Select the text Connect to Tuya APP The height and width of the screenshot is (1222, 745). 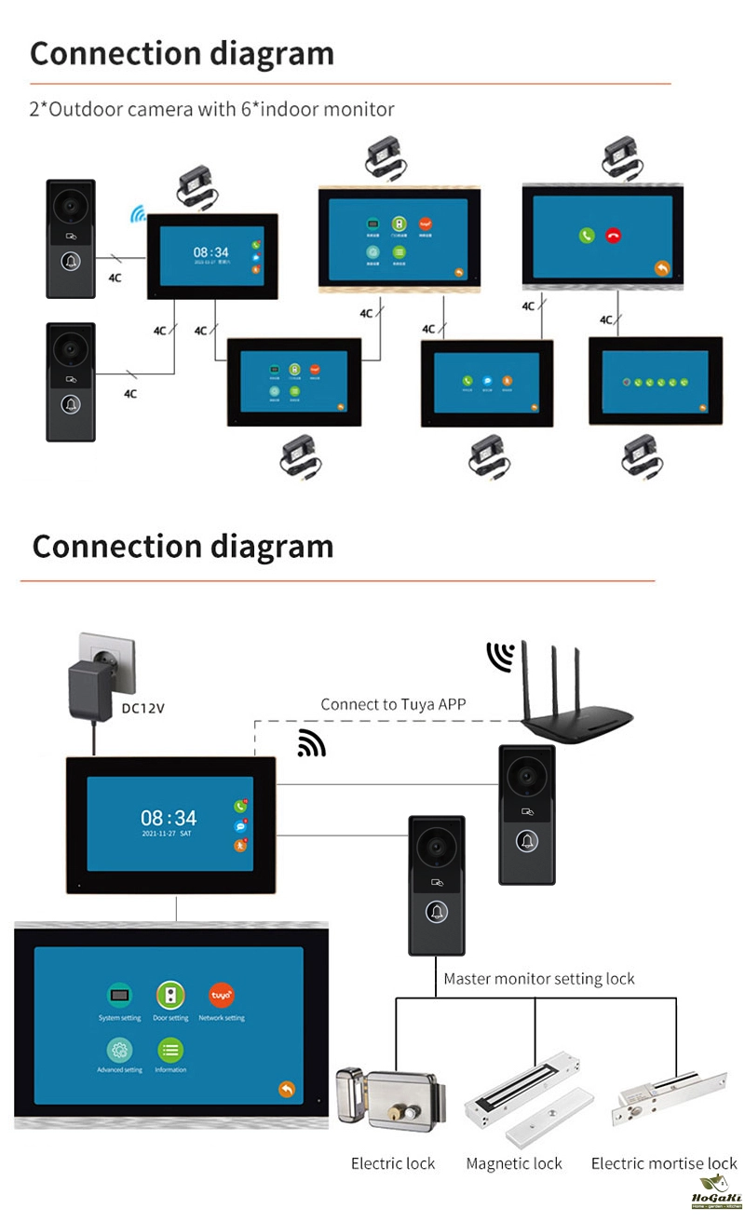click(393, 704)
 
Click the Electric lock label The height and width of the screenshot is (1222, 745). click(393, 1163)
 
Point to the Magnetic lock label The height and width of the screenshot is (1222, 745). click(514, 1163)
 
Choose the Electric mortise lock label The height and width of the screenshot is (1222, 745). click(664, 1163)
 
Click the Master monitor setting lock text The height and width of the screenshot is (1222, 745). click(538, 979)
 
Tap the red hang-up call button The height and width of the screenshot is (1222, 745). click(613, 236)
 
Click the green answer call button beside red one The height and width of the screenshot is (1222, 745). click(586, 236)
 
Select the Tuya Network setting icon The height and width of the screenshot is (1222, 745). click(222, 995)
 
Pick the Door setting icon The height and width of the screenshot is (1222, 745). click(170, 995)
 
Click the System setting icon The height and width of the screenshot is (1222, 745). click(119, 995)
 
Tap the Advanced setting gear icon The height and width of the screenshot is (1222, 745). click(119, 1050)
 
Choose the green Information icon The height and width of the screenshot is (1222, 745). click(170, 1050)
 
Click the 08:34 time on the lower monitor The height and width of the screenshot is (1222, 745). click(169, 818)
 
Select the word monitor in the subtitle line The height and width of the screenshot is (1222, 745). click(359, 109)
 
